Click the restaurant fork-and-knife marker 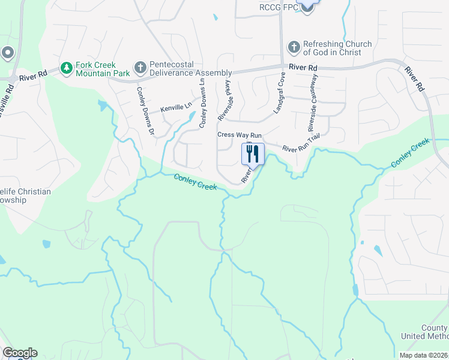(x=253, y=154)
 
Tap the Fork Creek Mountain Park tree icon (x=67, y=69)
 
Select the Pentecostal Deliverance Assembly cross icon (x=140, y=68)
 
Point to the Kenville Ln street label (x=176, y=107)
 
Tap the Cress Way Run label (x=240, y=135)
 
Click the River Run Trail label (x=301, y=145)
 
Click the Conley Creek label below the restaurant (x=195, y=182)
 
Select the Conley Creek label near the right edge (x=410, y=152)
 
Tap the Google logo (x=20, y=353)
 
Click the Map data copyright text (x=423, y=355)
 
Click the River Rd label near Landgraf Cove (x=303, y=68)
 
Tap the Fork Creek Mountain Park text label (x=103, y=69)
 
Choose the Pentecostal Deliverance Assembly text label (x=182, y=68)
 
